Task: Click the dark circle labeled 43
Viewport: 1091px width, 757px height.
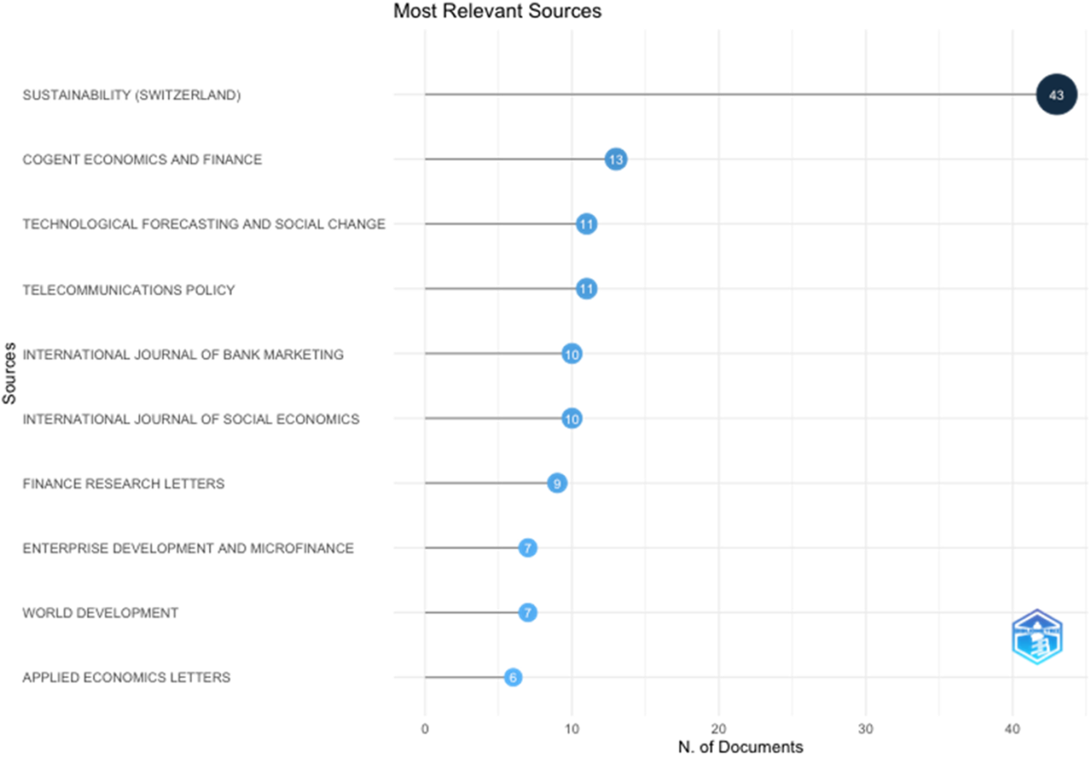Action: point(1056,95)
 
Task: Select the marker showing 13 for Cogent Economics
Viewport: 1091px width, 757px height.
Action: point(616,159)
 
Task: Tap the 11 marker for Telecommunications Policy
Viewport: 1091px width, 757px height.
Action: point(586,289)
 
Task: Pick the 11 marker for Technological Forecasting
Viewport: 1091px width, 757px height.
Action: point(586,224)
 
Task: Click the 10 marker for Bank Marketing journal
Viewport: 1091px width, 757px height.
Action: point(572,354)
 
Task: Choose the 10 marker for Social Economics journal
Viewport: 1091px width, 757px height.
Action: point(572,419)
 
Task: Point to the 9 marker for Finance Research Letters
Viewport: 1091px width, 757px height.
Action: point(557,483)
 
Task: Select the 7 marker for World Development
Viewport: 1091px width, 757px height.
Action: point(527,613)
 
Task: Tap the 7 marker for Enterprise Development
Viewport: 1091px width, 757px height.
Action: point(527,548)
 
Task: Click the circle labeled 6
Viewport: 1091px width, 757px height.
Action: point(513,677)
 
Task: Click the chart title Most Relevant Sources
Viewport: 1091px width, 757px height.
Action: point(497,12)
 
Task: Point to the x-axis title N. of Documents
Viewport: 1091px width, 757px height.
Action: point(741,747)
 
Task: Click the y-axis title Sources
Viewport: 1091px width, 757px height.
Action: point(9,373)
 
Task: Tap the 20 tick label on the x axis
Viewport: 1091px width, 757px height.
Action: point(718,729)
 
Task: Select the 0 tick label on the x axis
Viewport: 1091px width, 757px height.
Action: point(425,729)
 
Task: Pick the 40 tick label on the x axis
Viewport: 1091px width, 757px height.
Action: point(1013,729)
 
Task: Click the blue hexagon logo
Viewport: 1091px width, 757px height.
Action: point(1037,637)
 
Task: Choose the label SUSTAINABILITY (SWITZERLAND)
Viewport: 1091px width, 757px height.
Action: point(132,95)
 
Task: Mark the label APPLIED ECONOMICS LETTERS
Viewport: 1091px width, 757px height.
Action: point(126,677)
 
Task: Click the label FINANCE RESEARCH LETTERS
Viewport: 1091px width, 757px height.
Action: point(124,483)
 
